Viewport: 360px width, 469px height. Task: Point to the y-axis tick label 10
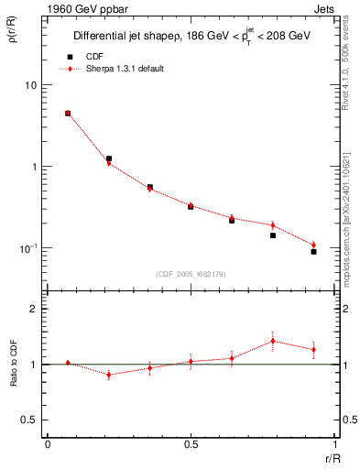tap(30, 85)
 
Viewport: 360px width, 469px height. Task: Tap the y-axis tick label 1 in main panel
tap(34, 167)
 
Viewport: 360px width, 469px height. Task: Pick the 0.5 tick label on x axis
tap(190, 444)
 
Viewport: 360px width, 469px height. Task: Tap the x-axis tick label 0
tap(48, 444)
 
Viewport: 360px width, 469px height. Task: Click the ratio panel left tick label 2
tap(34, 309)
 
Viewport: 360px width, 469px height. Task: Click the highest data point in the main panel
tap(68, 114)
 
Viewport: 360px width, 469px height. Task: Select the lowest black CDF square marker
tap(313, 251)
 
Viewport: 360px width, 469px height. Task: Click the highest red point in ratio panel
tap(273, 341)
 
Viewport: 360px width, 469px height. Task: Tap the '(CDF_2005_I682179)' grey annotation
tap(190, 272)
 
